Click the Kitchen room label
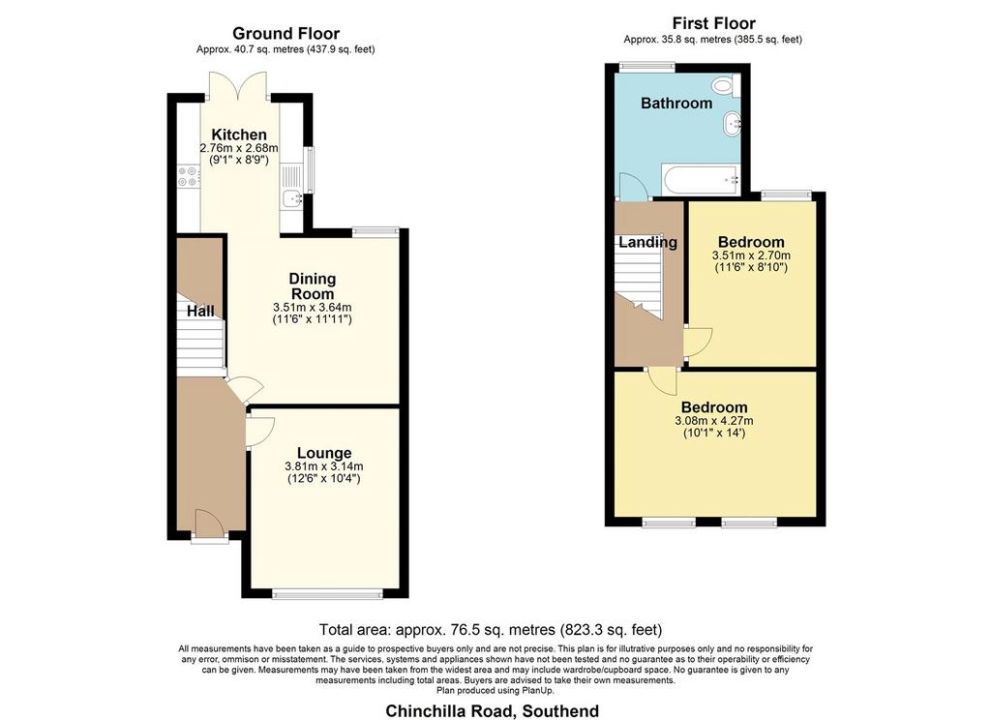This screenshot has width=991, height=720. [239, 135]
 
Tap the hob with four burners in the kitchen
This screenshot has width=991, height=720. [187, 176]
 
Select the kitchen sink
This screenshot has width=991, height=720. [292, 198]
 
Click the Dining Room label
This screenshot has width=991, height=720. [313, 286]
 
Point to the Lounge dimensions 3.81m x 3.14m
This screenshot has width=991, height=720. [324, 466]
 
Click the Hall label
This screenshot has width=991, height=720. [200, 311]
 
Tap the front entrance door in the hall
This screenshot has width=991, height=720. [209, 523]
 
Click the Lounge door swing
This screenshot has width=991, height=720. [259, 432]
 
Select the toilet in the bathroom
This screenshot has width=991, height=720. [725, 86]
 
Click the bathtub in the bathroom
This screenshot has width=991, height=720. [701, 180]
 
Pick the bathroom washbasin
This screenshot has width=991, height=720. [733, 123]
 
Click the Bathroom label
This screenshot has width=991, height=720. [676, 103]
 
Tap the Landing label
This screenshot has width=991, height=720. [647, 242]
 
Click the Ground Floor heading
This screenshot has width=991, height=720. [285, 34]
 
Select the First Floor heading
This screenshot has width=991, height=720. [713, 23]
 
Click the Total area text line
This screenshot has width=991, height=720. [491, 630]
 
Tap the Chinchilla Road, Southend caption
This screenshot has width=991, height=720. [493, 711]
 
